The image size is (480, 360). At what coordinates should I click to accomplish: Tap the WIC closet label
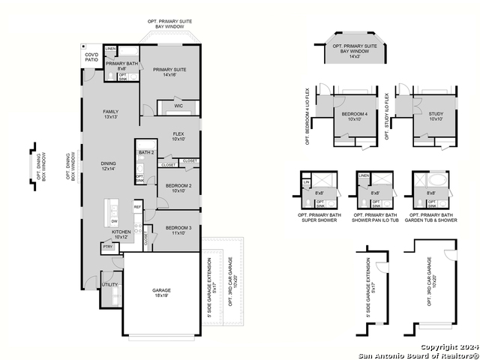pyautogui.click(x=178, y=106)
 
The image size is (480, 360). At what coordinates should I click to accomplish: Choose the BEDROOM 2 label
pyautogui.click(x=178, y=187)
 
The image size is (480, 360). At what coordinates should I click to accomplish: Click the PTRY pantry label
pyautogui.click(x=107, y=246)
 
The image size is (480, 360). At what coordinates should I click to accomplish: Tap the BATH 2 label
pyautogui.click(x=145, y=153)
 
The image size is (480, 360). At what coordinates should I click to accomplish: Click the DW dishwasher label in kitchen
pyautogui.click(x=114, y=221)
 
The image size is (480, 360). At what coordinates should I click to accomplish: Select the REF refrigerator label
pyautogui.click(x=137, y=206)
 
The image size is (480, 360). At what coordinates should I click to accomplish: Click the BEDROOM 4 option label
pyautogui.click(x=352, y=117)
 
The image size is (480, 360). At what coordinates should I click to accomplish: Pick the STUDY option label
pyautogui.click(x=436, y=117)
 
